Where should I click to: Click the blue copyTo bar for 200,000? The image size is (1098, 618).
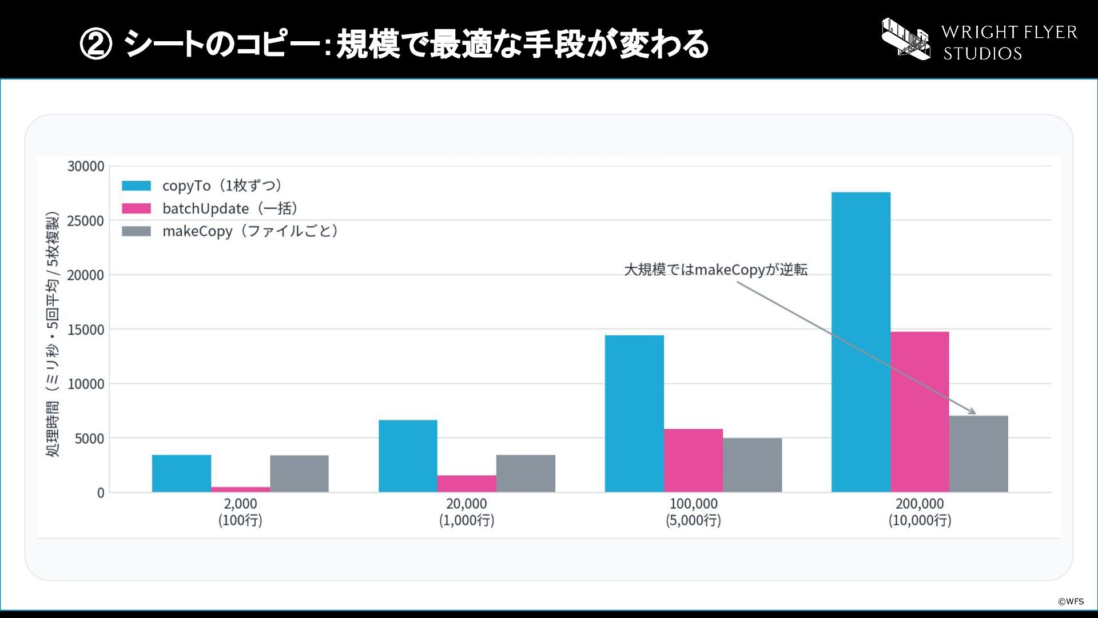[861, 342]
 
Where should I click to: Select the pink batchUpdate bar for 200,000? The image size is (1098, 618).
[920, 412]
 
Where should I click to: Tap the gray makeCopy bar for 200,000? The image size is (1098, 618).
[978, 454]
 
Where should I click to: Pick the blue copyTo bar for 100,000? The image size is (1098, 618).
[634, 414]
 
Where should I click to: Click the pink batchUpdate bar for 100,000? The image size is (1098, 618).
[693, 461]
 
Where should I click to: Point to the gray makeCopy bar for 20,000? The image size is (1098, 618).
[526, 474]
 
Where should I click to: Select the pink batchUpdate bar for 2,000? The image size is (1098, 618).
[240, 489]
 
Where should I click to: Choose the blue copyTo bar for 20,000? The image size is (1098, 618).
[408, 456]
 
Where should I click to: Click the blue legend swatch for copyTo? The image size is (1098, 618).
[137, 186]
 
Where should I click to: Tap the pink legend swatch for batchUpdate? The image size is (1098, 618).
[137, 209]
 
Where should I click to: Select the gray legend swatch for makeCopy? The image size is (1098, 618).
[137, 231]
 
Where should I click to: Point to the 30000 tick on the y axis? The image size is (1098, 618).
[86, 167]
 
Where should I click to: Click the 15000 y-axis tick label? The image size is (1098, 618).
[86, 330]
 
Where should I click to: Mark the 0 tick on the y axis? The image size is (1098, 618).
[101, 493]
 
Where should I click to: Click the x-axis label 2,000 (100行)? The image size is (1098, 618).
[240, 512]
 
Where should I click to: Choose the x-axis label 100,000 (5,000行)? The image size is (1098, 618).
[693, 512]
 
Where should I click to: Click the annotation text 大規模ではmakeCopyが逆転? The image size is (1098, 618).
[715, 270]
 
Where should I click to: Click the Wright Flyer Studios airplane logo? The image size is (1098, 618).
[906, 38]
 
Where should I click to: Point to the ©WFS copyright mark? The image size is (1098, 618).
[1071, 601]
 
